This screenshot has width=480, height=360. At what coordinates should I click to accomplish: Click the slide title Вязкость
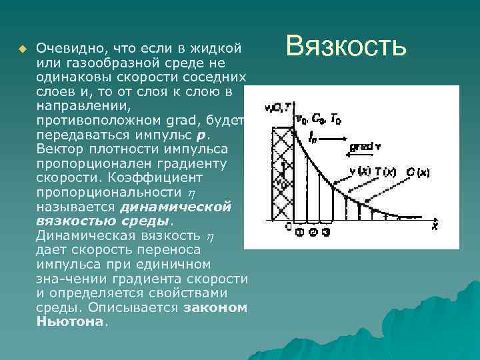(x=345, y=47)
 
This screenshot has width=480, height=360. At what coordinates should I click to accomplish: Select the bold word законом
(x=215, y=308)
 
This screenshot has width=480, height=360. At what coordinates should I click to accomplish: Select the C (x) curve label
(x=419, y=173)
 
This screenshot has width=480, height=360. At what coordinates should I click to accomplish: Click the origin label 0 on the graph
(x=288, y=225)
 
